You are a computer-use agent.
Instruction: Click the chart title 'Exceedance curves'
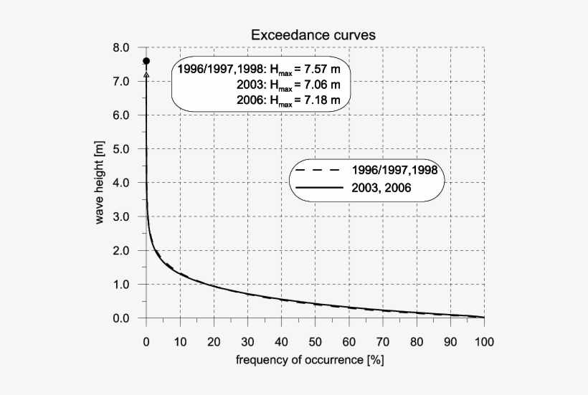point(313,34)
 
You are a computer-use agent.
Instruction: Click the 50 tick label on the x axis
point(315,341)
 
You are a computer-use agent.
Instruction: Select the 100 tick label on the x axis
point(484,341)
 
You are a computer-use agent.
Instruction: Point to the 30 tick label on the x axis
point(247,341)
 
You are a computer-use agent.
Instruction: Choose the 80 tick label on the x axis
point(417,341)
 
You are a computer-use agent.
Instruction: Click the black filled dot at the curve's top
point(146,61)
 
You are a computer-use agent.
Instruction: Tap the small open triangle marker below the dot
point(146,74)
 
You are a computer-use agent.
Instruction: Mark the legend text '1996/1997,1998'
point(394,171)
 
